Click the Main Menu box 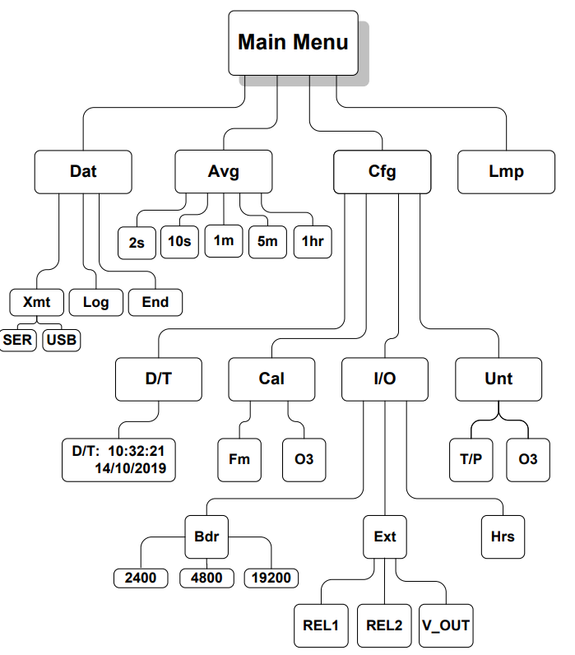293,42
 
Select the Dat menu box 83,171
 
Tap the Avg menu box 223,171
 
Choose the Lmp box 506,171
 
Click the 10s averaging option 180,241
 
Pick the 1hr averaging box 312,241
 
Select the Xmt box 37,302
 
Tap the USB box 62,339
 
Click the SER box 18,339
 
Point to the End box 155,302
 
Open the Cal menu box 271,379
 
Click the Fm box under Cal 239,458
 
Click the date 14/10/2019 131,469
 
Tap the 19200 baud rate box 271,578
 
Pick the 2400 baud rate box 141,578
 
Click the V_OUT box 446,625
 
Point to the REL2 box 385,625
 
